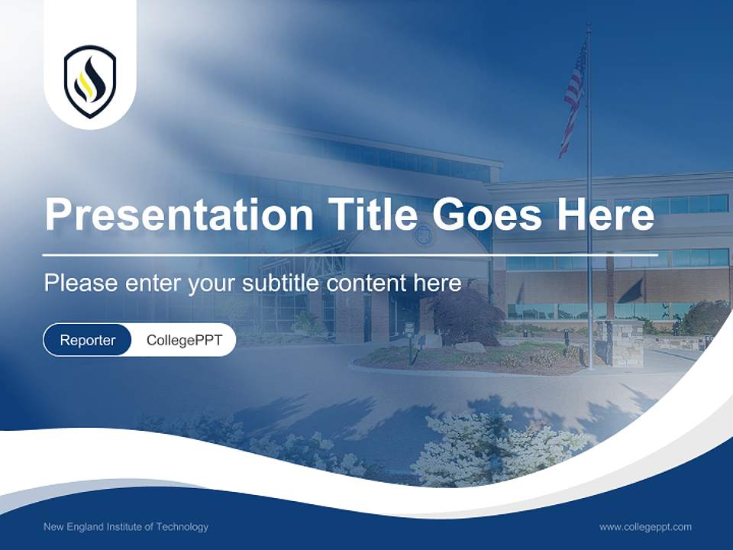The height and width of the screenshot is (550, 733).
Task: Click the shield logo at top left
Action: pyautogui.click(x=90, y=81)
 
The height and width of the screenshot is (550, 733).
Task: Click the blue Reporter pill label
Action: pyautogui.click(x=88, y=340)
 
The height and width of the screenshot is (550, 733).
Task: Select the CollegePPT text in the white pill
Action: pyautogui.click(x=184, y=340)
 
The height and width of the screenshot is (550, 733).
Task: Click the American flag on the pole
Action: pyautogui.click(x=573, y=95)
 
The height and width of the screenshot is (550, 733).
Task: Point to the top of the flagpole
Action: pyautogui.click(x=589, y=24)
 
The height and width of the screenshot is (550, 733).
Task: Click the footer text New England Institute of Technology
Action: pyautogui.click(x=126, y=527)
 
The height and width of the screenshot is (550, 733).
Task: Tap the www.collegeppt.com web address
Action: pyautogui.click(x=645, y=527)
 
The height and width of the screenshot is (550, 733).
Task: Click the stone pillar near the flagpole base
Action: pyautogui.click(x=625, y=343)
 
